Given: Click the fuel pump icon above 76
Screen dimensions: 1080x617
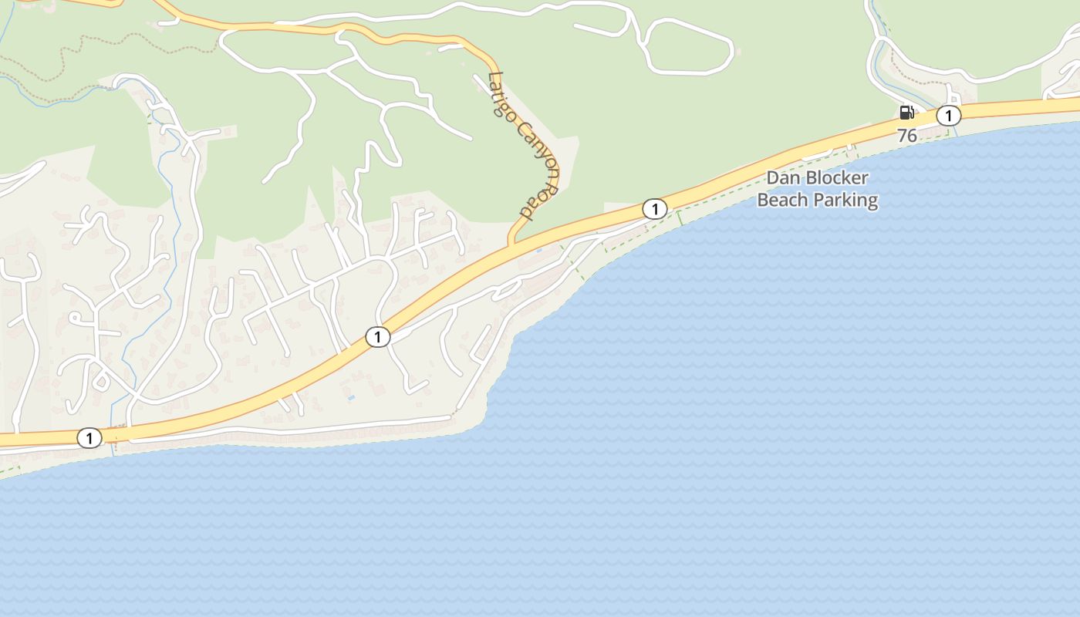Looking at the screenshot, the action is pyautogui.click(x=906, y=113).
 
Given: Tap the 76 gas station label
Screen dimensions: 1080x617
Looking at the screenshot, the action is pyautogui.click(x=907, y=137).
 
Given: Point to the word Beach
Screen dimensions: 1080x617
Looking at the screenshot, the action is pyautogui.click(x=779, y=201).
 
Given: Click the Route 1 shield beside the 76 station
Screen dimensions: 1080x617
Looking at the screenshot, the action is pyautogui.click(x=948, y=116).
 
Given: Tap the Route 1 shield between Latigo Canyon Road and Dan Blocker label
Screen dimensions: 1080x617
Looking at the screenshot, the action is pyautogui.click(x=654, y=209).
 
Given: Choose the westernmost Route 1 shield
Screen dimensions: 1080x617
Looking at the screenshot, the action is pyautogui.click(x=89, y=439).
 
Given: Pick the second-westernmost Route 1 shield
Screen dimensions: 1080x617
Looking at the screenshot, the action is pyautogui.click(x=377, y=337).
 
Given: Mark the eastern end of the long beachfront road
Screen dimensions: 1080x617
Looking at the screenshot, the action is pyautogui.click(x=450, y=418).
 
